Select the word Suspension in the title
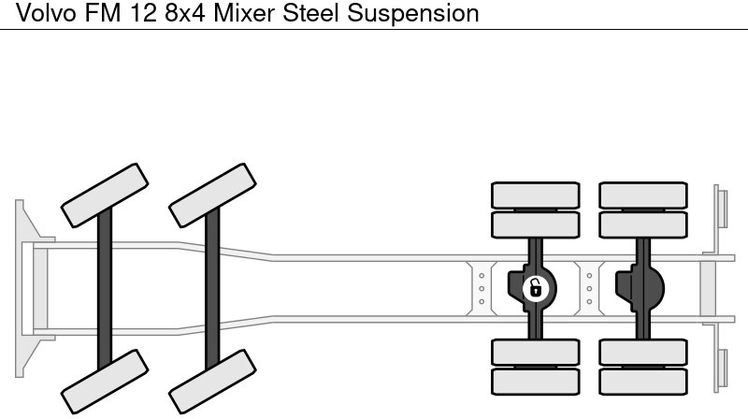point(402,13)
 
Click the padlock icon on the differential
point(535,288)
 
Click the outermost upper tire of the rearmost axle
point(643,195)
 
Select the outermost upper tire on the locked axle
point(536,195)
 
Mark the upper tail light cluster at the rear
point(721,207)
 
